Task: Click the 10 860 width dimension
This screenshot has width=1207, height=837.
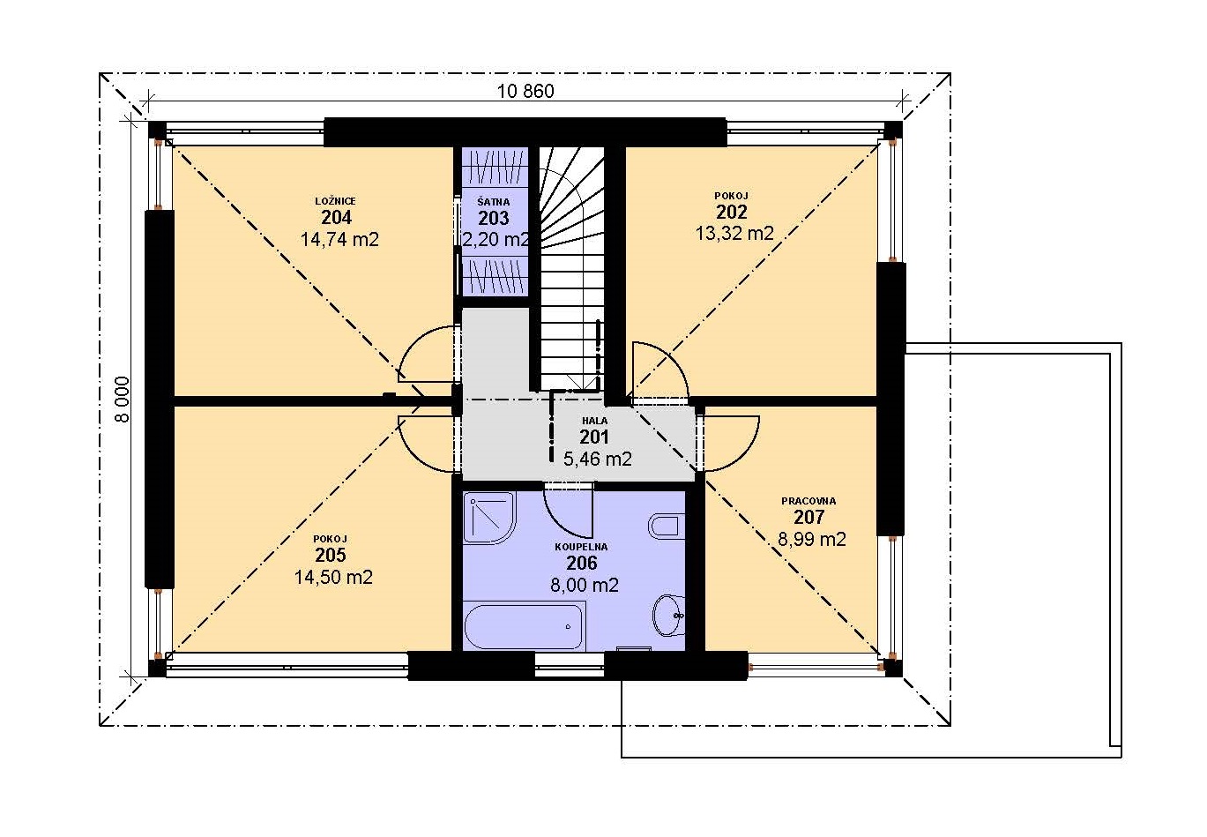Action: click(x=525, y=91)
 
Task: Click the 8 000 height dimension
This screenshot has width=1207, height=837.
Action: click(x=123, y=400)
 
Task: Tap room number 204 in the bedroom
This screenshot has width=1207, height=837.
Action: click(x=336, y=218)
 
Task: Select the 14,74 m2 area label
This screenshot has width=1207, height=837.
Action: click(x=339, y=239)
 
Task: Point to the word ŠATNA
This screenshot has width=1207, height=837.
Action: click(x=494, y=202)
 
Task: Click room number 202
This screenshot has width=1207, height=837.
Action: click(x=731, y=213)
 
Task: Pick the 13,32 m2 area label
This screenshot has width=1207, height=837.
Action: click(x=734, y=234)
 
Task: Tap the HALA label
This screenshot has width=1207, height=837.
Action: click(x=594, y=421)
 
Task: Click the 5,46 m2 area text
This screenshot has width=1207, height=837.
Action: click(x=598, y=459)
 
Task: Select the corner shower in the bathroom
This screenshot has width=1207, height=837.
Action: click(x=488, y=518)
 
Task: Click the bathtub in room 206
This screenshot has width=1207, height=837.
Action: click(x=525, y=627)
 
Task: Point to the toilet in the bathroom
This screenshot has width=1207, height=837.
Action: click(x=667, y=527)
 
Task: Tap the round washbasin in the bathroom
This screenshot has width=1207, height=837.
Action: click(x=668, y=616)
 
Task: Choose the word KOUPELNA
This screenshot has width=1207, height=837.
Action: click(x=581, y=547)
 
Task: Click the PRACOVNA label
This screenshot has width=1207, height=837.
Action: click(x=808, y=501)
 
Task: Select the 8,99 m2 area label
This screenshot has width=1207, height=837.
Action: click(x=812, y=539)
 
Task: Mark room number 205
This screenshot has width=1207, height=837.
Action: click(x=331, y=555)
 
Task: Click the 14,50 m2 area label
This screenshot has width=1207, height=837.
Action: click(x=333, y=577)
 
